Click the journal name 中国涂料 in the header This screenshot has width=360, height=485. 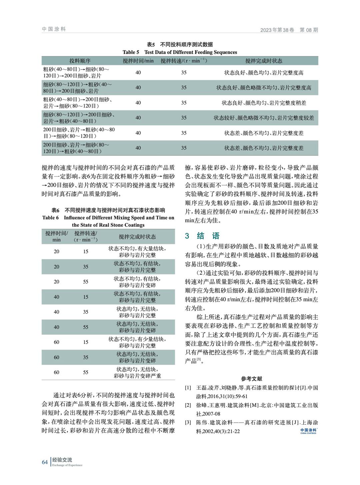tap(54, 29)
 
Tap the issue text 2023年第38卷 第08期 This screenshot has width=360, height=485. tap(289, 30)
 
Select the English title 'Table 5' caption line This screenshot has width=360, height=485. tap(180, 52)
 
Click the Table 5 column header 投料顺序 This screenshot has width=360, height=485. tap(80, 61)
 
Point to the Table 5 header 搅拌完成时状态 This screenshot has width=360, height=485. tap(264, 61)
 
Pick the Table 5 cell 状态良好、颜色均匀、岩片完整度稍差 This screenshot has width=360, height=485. tap(264, 103)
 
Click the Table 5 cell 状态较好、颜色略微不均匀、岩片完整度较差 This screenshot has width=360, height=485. tap(264, 118)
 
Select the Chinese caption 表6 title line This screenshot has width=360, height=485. tap(108, 210)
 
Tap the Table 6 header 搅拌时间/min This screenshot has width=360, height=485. tap(56, 236)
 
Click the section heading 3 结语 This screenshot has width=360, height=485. tap(202, 236)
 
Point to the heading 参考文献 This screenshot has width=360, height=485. tap(252, 379)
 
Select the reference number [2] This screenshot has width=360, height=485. tap(188, 405)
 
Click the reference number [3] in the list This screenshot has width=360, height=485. tap(188, 423)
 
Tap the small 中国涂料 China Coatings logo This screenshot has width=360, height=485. tap(308, 431)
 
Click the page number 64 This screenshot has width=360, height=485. tap(45, 462)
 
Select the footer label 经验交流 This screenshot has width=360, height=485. tap(62, 460)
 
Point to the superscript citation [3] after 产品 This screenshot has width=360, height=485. tap(199, 359)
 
